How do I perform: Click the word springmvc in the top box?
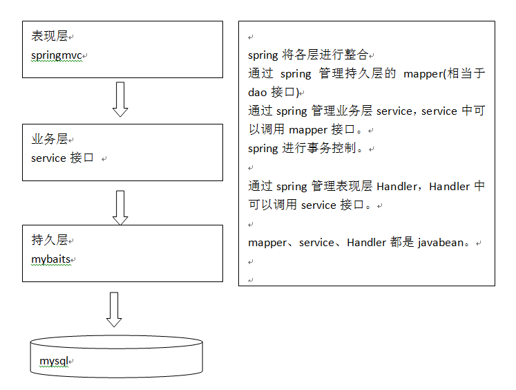pos(57,55)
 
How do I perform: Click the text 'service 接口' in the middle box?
pos(62,158)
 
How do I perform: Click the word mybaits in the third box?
pos(52,259)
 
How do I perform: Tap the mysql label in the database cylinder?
pos(52,361)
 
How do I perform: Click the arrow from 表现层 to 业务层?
pos(120,100)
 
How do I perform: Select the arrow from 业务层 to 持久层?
pos(120,207)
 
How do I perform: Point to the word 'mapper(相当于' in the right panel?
pos(444,74)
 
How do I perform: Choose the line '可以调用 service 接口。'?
pos(311,205)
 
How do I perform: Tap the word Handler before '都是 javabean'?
pos(366,243)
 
